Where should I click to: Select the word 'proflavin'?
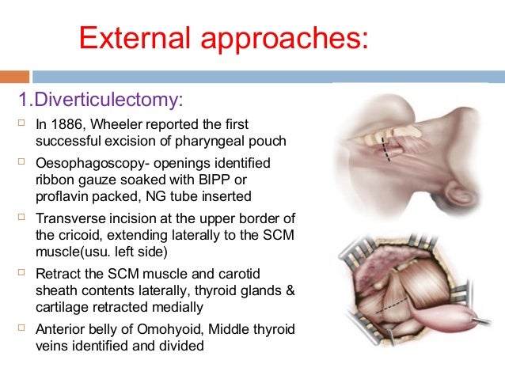click(62, 195)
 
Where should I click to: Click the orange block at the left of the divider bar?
click(14, 77)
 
